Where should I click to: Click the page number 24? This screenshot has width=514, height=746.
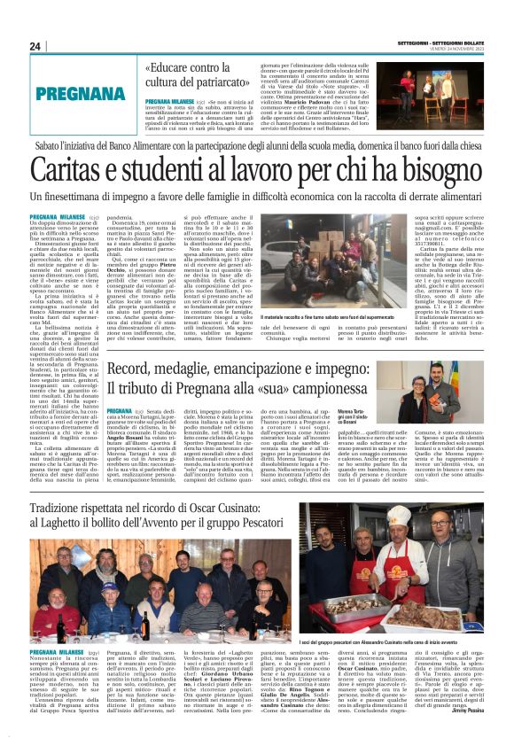pos(35,46)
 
